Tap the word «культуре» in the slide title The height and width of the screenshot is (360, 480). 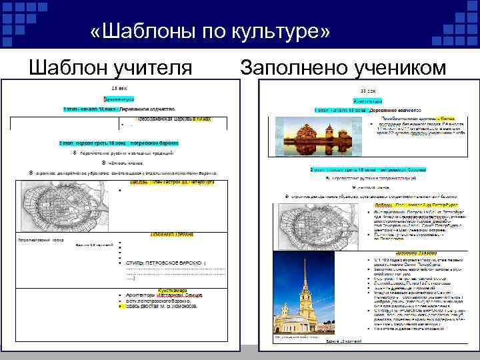click(x=281, y=32)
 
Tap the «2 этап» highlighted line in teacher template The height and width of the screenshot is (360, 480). click(x=120, y=142)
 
